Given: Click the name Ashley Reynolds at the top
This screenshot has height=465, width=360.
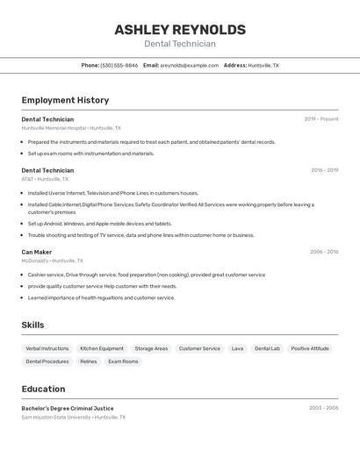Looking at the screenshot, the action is [180, 30].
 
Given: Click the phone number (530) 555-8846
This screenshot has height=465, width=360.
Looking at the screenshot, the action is [119, 65].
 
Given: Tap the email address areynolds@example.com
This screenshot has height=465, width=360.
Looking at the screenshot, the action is [189, 65].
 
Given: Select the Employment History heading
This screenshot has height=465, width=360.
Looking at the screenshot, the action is [65, 100].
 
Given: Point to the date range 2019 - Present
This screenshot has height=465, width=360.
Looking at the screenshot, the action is [320, 119].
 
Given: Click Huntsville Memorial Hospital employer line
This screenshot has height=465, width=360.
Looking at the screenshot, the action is [71, 128].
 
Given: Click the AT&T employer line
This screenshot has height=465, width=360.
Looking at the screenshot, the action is [45, 179].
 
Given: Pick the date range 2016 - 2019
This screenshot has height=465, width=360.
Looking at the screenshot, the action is [324, 170].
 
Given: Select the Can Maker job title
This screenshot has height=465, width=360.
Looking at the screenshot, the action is [37, 252].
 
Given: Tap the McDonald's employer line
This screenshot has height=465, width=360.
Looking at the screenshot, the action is [53, 261].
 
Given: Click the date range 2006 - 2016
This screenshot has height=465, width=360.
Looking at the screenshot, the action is [324, 252].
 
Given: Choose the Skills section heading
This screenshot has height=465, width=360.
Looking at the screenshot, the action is [32, 325].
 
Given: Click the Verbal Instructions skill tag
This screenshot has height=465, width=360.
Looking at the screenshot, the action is [47, 348].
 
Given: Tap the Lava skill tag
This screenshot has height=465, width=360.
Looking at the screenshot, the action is [237, 348].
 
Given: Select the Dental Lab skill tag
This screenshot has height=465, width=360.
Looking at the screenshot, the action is [267, 348].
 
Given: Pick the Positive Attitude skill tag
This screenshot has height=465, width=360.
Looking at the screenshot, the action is [310, 348].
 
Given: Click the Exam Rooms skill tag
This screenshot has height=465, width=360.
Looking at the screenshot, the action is [123, 361].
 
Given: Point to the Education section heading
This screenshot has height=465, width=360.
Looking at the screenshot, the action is [43, 389].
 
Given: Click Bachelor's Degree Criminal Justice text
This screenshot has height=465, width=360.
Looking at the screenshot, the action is [68, 408].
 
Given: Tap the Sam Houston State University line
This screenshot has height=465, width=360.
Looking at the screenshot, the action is [74, 418].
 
